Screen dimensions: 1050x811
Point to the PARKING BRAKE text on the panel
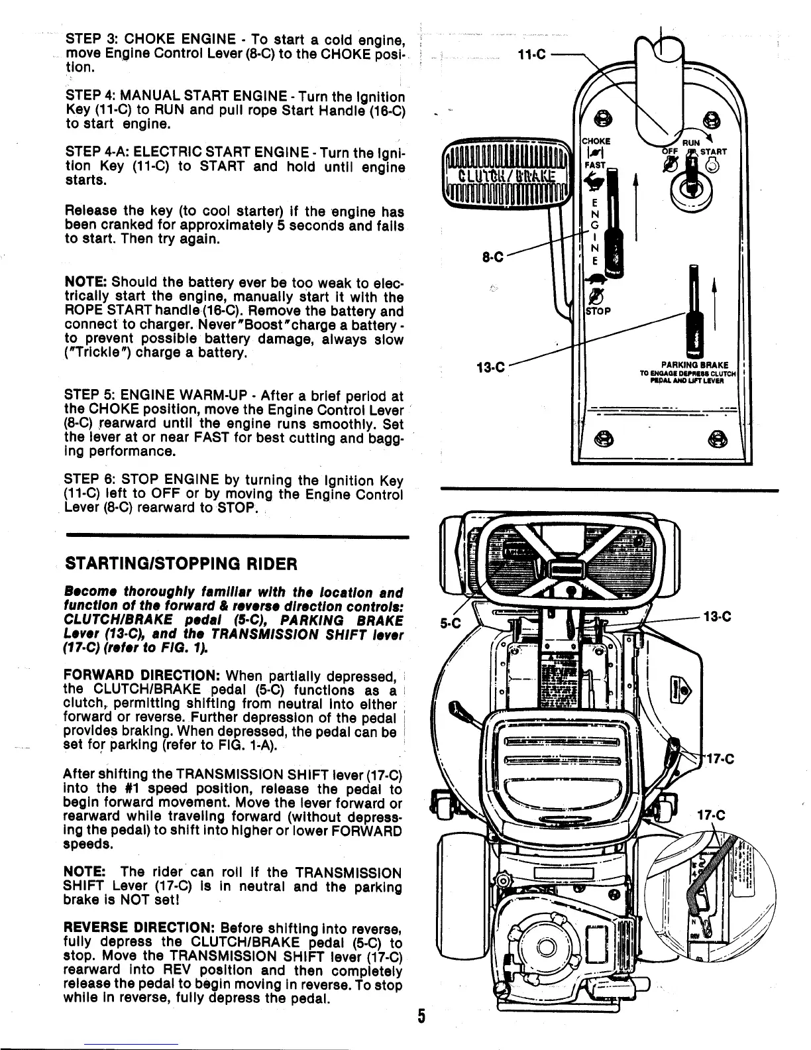pos(695,364)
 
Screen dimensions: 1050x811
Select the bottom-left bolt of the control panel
pos(602,438)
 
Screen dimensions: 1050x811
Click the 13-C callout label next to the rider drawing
pos(717,616)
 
